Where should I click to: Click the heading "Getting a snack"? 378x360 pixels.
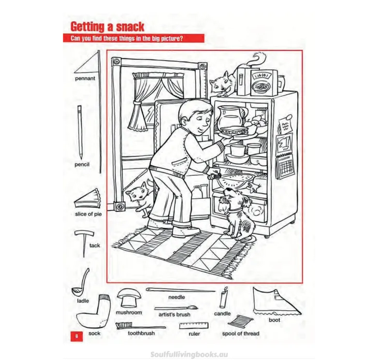[107, 27]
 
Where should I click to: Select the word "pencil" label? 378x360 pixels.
[82, 164]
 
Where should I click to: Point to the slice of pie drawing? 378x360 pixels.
[88, 199]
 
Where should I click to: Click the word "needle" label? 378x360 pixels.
[177, 297]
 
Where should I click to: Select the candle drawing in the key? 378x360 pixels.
[224, 297]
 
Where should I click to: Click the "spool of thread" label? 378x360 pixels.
[241, 334]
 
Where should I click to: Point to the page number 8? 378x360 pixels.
[77, 336]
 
